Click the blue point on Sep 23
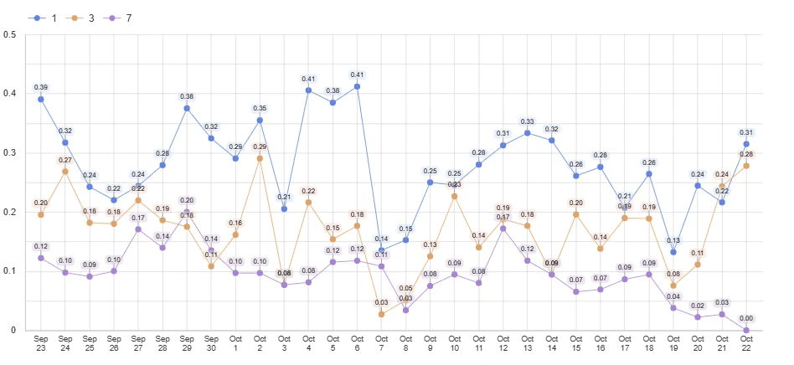tap(41, 100)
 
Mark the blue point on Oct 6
tap(358, 86)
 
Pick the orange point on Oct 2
tap(260, 158)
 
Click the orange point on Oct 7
tap(382, 314)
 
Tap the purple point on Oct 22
tap(746, 331)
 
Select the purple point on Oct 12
tap(503, 229)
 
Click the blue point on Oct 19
tap(673, 252)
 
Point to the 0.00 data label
tap(746, 319)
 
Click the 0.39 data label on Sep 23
tap(41, 88)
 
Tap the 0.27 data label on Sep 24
tap(65, 160)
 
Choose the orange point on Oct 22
tap(746, 166)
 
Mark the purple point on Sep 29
tap(187, 213)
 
